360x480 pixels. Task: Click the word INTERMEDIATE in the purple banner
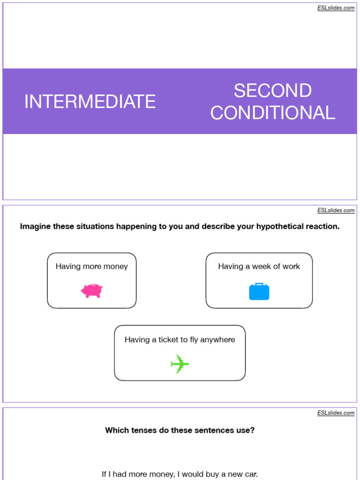[90, 101]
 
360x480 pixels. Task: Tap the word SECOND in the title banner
[272, 90]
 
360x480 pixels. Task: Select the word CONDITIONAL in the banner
[272, 112]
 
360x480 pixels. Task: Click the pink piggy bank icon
[91, 291]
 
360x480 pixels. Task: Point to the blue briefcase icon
[259, 292]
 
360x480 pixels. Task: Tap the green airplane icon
[180, 364]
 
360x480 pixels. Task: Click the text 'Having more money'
[91, 266]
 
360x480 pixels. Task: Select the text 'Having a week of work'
[259, 266]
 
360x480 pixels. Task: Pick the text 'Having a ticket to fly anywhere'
[180, 339]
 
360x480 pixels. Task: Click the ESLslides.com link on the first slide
[336, 8]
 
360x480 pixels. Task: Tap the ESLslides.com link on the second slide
[336, 210]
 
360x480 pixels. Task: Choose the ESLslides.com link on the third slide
[336, 413]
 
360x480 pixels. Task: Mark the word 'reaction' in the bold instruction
[322, 226]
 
